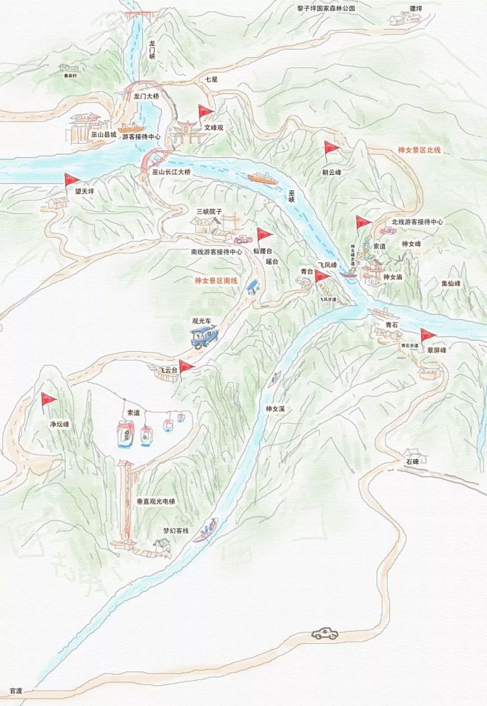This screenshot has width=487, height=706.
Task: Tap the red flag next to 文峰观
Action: [205, 113]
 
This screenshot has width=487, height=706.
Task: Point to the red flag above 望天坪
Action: [71, 180]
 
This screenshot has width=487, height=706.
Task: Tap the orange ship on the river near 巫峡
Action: [261, 179]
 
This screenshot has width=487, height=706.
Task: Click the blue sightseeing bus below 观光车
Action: [204, 336]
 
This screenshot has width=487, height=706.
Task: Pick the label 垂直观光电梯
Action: [157, 502]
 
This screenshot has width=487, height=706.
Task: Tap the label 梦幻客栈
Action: [176, 531]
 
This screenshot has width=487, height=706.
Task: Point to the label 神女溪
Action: [275, 409]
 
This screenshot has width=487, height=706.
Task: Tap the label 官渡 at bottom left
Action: [16, 690]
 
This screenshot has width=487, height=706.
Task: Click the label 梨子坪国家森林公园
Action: [326, 8]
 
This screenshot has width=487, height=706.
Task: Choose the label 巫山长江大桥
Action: [171, 172]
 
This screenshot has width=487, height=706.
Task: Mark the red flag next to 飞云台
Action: [185, 366]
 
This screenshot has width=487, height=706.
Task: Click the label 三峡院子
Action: [209, 211]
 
